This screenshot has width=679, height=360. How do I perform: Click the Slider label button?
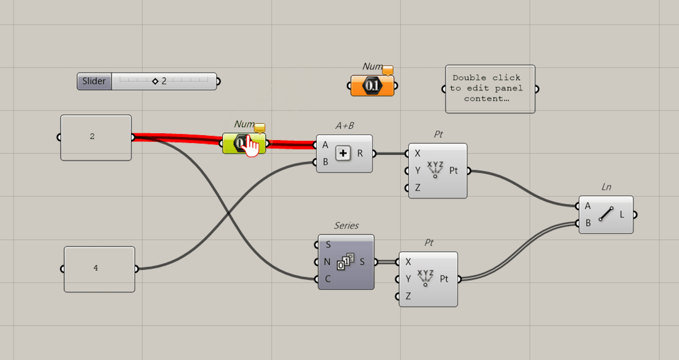coord(94,81)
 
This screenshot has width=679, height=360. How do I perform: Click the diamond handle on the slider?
coord(155,81)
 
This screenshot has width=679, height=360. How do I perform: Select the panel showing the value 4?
coord(99,269)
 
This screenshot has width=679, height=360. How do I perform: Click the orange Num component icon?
coord(372,86)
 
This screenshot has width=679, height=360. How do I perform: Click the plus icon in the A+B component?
coord(343,154)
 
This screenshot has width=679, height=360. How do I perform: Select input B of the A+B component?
coord(325,162)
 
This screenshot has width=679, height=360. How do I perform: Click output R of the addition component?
coord(361,153)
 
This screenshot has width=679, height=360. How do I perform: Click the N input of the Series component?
coord(327,262)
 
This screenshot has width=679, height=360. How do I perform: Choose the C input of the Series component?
coord(327,279)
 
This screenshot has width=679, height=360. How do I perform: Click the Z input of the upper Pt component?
coord(417,188)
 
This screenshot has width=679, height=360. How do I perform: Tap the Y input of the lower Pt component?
coord(408,279)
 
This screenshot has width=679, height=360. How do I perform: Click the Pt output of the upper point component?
coord(454,171)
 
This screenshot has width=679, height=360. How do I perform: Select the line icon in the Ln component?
coord(606,214)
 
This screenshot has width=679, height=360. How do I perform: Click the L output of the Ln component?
coord(623,214)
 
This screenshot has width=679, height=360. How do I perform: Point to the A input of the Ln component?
coord(587,206)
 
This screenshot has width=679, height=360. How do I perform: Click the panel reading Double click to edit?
coord(490,89)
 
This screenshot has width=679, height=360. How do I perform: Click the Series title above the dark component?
coord(346,226)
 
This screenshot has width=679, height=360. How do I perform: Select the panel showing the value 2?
coord(96,137)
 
